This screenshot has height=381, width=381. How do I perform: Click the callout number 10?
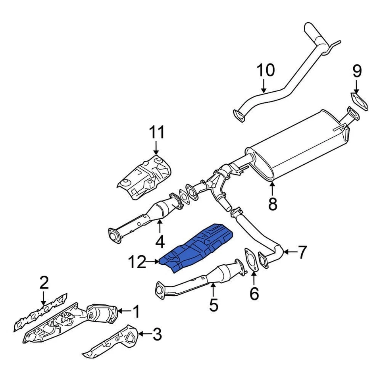(x=266, y=70)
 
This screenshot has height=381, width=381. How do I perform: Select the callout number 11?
(x=156, y=132)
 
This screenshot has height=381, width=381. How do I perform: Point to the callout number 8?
(x=272, y=204)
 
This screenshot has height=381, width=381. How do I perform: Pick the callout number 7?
(x=302, y=252)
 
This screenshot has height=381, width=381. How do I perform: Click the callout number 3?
(x=157, y=335)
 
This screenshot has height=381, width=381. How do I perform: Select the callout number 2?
(x=44, y=283)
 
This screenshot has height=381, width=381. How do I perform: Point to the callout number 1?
(x=136, y=312)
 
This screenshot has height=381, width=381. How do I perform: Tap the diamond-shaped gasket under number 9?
(x=359, y=101)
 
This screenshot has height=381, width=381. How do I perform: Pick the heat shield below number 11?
(x=145, y=176)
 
